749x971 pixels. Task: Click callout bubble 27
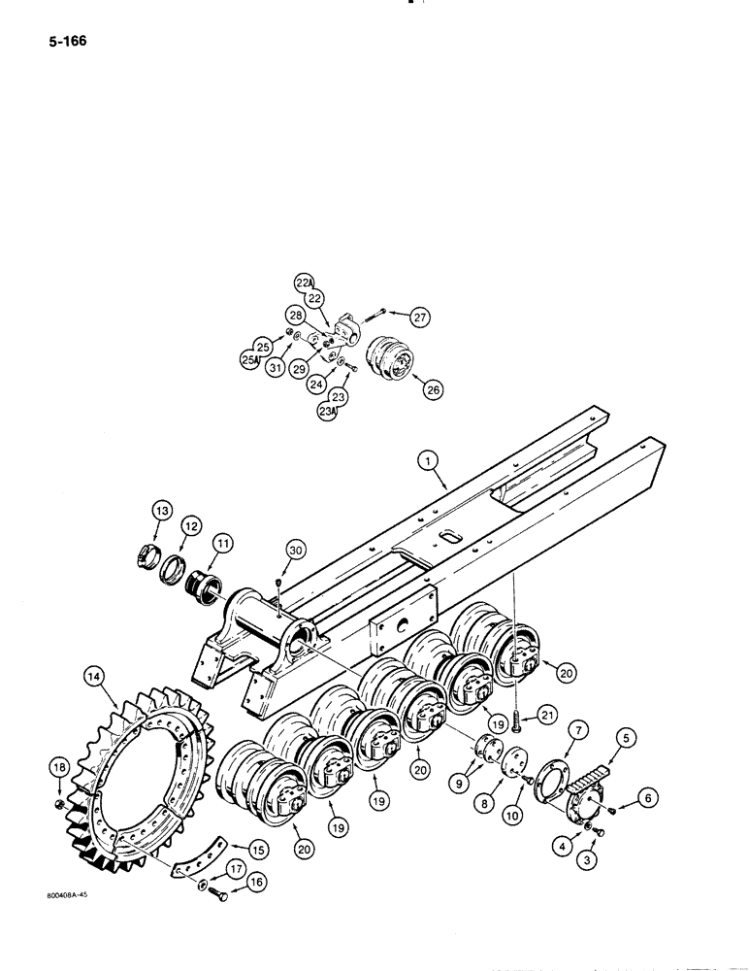point(419,317)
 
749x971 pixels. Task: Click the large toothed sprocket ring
point(146,777)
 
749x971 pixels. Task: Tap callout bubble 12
point(192,527)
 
